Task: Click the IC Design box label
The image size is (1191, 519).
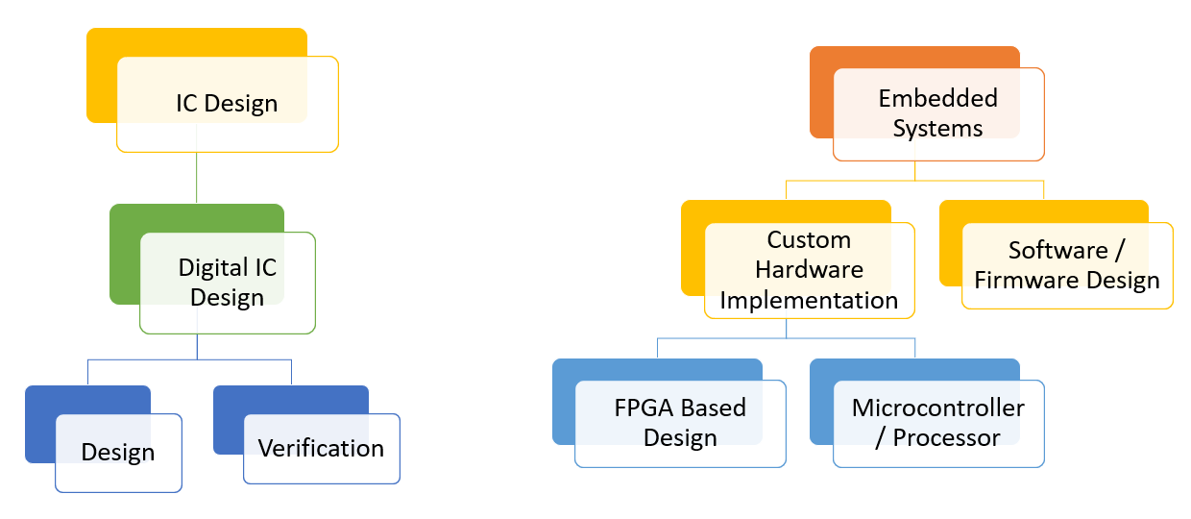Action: [227, 103]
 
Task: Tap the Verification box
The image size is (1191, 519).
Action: [322, 448]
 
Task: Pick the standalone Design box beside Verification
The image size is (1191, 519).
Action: [118, 453]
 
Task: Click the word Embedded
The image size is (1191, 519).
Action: [937, 98]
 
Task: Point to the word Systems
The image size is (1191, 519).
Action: [937, 129]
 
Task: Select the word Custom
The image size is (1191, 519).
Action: [809, 240]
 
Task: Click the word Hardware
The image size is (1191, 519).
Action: [809, 270]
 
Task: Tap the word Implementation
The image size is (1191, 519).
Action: [809, 300]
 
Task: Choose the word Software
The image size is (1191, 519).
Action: [1058, 250]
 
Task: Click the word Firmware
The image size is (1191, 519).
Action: [1026, 280]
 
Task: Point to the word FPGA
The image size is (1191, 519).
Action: [644, 408]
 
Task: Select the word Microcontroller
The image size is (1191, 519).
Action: [937, 408]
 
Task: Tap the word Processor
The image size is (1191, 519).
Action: [946, 438]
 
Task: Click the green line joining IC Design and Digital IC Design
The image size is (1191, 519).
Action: [197, 178]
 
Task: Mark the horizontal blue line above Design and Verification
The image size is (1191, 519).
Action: [189, 360]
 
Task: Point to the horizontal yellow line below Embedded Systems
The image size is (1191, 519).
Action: [914, 181]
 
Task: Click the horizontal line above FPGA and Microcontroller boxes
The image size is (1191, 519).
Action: [786, 338]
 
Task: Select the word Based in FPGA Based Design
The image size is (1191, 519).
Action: [713, 408]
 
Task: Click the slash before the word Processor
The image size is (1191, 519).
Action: [881, 438]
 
